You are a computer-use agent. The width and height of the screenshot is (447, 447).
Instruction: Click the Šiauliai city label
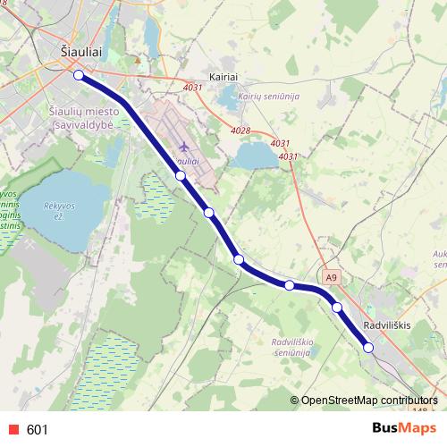[80, 53]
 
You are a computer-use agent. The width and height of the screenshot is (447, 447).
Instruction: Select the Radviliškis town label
[387, 325]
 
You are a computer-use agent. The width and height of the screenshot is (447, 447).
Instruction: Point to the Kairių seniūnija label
[267, 97]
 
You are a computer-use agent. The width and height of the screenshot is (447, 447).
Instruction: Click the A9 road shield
[332, 278]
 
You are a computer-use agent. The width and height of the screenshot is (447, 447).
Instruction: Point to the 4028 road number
[240, 131]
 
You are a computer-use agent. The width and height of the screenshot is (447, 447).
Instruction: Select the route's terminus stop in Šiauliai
[79, 76]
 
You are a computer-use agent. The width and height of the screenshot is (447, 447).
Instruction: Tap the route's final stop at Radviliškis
[368, 348]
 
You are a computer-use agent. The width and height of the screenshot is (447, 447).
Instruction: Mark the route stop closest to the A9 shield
[337, 308]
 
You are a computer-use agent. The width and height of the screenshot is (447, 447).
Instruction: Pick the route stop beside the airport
[181, 176]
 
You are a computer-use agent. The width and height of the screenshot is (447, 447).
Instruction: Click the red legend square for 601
[13, 430]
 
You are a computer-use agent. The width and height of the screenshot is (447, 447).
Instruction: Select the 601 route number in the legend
[38, 430]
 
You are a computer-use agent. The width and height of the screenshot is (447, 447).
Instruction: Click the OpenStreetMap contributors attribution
[370, 400]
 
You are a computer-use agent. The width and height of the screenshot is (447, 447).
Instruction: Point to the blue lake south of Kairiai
[256, 157]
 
